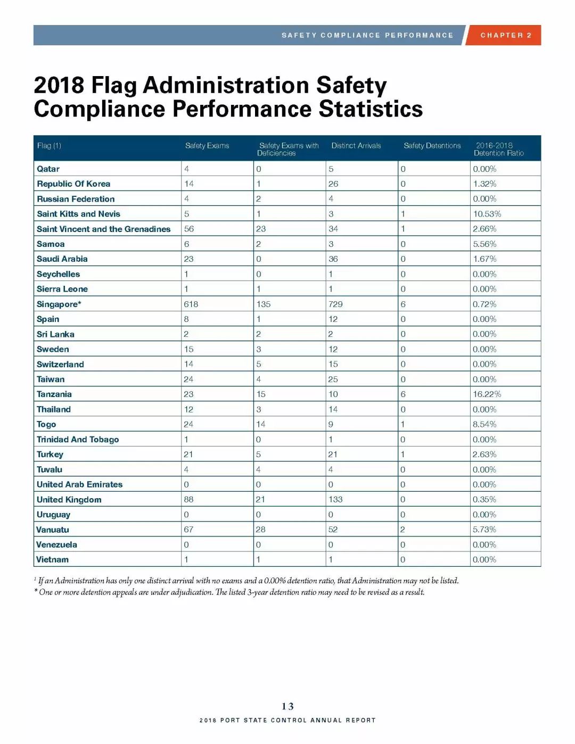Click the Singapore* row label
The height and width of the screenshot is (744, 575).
(59, 304)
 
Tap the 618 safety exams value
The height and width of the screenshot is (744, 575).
(191, 304)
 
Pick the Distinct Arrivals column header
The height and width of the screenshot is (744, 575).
(356, 145)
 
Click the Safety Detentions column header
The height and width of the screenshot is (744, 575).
(432, 145)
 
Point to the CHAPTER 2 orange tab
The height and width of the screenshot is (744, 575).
(504, 35)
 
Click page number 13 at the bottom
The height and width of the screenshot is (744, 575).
(287, 706)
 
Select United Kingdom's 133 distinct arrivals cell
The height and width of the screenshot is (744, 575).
(335, 499)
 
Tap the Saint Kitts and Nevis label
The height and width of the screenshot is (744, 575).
(78, 214)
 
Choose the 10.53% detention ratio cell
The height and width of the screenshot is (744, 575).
(487, 214)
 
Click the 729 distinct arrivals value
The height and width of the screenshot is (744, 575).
(335, 304)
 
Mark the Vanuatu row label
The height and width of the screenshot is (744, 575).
(53, 530)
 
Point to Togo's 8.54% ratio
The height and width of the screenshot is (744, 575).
(484, 424)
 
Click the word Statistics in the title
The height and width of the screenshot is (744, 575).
(371, 109)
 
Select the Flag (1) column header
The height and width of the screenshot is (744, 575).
(49, 146)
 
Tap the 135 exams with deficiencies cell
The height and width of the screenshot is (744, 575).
(263, 304)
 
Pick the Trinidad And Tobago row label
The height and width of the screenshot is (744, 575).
(78, 439)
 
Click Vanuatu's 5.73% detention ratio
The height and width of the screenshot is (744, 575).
(484, 530)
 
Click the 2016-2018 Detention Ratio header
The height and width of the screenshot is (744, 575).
(499, 150)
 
